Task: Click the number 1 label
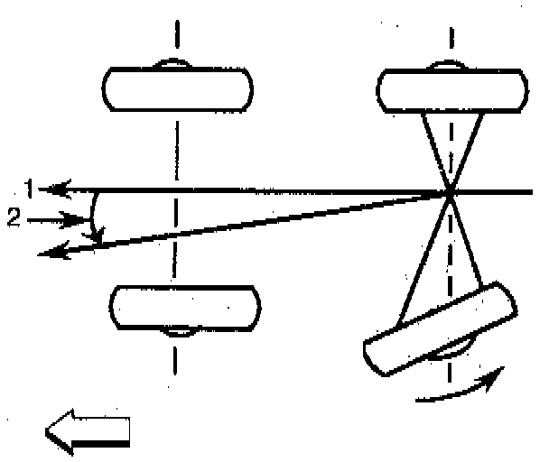pyautogui.click(x=32, y=189)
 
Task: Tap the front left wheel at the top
pyautogui.click(x=178, y=88)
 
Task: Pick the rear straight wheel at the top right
pyautogui.click(x=449, y=88)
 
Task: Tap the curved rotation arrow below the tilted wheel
pyautogui.click(x=458, y=387)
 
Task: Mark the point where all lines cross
pyautogui.click(x=449, y=191)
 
